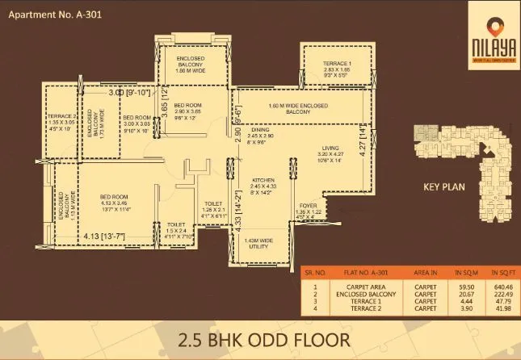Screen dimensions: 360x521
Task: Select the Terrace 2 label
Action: click(61, 120)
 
